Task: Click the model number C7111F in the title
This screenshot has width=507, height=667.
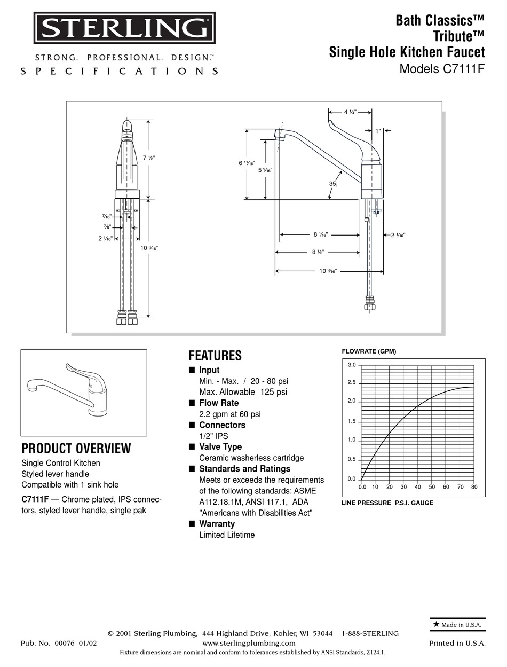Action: [x=464, y=69]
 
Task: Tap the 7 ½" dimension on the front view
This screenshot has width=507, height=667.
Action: [x=149, y=158]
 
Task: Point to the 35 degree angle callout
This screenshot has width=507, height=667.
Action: [x=333, y=184]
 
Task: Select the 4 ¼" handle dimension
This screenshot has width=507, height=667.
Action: [x=350, y=112]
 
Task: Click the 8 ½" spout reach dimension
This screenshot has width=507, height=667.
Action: [x=318, y=253]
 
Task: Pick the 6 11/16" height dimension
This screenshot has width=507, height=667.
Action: [x=247, y=163]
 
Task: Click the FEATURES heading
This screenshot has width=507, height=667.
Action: [x=215, y=356]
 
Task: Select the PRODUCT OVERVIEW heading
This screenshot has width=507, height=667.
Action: [x=76, y=449]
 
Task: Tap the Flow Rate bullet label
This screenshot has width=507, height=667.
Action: [x=219, y=403]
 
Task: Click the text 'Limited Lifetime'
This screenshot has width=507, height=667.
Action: [x=227, y=535]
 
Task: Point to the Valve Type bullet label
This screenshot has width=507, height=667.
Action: [x=220, y=447]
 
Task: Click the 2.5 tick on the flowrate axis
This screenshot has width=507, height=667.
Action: [x=351, y=383]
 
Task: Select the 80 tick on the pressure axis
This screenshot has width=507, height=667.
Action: [x=474, y=487]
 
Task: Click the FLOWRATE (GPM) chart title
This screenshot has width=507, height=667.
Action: [x=369, y=351]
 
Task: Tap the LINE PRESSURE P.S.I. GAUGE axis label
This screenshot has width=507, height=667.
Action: [x=387, y=503]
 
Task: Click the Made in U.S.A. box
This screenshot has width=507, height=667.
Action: [x=457, y=624]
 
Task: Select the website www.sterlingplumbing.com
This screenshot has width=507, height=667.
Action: [x=249, y=643]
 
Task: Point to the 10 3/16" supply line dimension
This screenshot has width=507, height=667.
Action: [x=149, y=248]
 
